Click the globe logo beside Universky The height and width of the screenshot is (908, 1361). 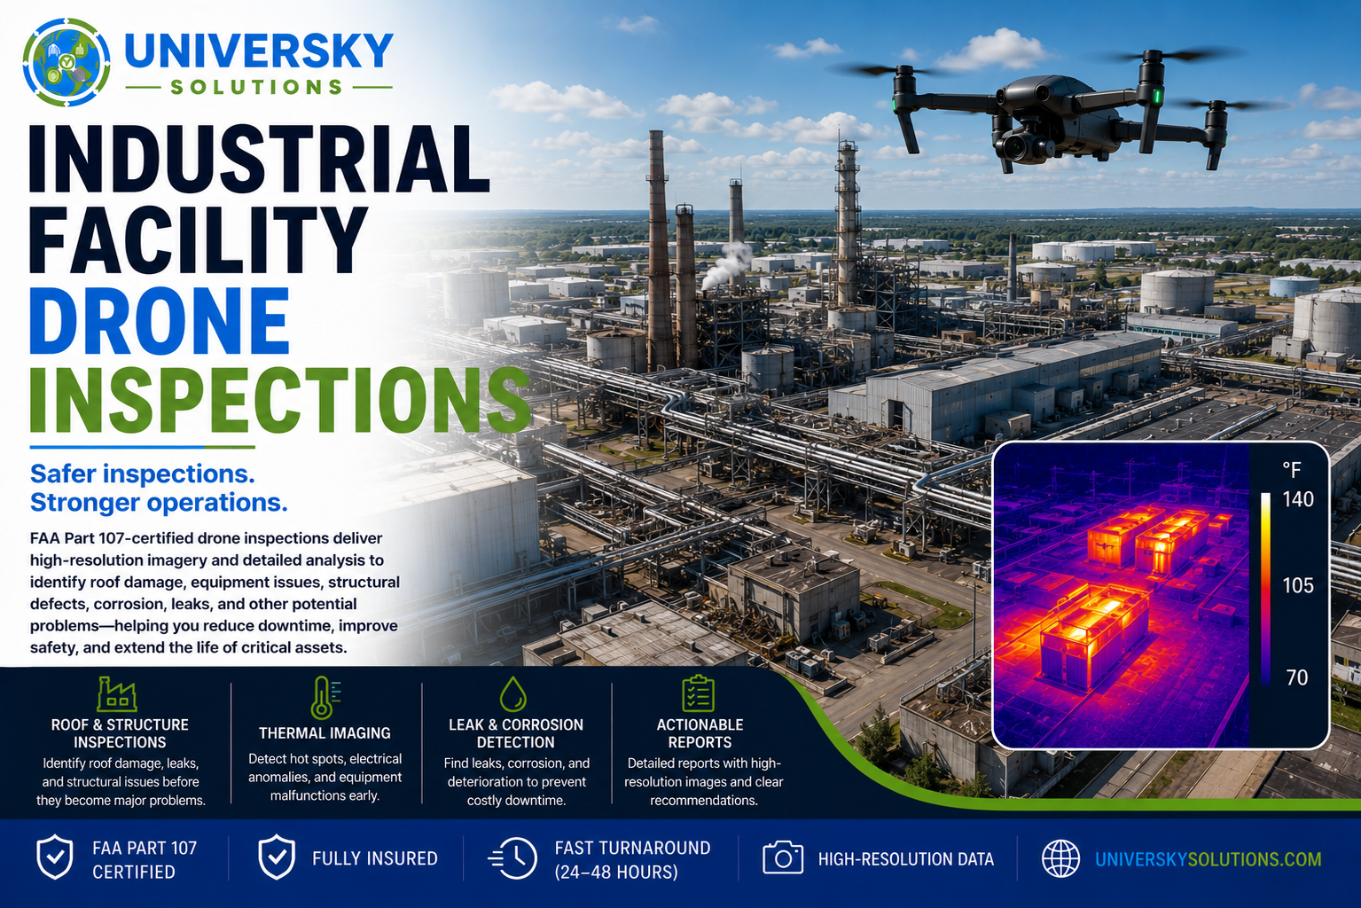pos(66,62)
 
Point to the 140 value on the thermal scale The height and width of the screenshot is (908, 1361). pos(1298,499)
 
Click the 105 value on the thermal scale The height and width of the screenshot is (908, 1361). pos(1298,586)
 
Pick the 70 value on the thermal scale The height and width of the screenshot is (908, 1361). pos(1297,677)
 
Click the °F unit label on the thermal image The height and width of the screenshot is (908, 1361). pos(1292,469)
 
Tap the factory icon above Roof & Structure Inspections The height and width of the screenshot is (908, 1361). pos(117,693)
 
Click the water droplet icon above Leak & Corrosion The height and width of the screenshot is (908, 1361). pos(512,693)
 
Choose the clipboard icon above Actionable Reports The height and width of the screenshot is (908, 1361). pos(698,693)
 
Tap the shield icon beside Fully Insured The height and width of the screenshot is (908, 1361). pos(277,857)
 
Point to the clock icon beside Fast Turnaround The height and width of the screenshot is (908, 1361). pos(512,858)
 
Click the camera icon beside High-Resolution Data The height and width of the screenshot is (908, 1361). pos(783,858)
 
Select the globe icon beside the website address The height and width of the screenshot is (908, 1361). pos(1060,858)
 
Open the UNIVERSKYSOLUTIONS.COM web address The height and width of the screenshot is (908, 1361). pos(1208,859)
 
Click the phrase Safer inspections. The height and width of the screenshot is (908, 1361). pos(143,474)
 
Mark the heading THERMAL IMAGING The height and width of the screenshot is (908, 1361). pos(325,733)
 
